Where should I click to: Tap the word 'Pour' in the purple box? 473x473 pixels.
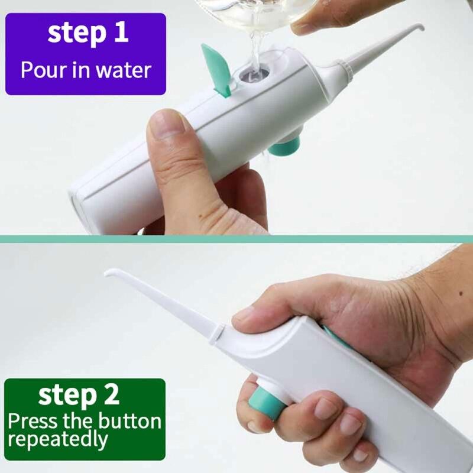pos(41,70)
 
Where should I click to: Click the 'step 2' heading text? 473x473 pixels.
pos(79,396)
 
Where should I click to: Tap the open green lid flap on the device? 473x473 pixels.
pos(216,68)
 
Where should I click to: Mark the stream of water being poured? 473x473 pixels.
pos(255,47)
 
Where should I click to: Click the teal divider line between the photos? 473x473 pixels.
pos(237,239)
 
